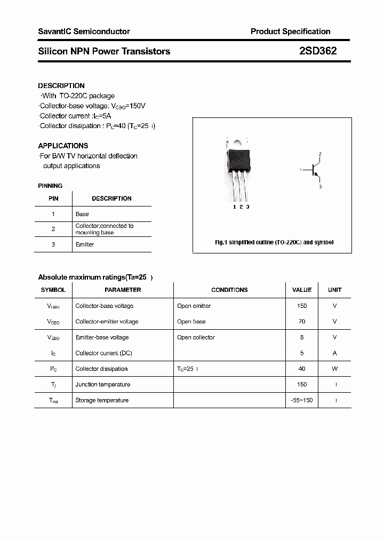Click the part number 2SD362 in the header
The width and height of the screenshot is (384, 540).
point(317,51)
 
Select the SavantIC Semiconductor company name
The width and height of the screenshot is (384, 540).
point(84,31)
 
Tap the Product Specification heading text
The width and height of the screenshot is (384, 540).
point(290,31)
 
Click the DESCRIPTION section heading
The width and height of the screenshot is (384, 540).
point(61,85)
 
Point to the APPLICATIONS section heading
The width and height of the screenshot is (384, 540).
point(63,146)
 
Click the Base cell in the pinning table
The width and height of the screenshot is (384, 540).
point(82,214)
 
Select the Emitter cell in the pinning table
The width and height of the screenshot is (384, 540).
point(85,244)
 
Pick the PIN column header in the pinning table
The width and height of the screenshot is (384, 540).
point(53,198)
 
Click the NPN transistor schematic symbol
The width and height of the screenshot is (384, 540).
point(315,170)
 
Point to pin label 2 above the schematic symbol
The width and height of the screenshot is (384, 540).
point(320,154)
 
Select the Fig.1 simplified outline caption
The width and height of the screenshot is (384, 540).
point(274,242)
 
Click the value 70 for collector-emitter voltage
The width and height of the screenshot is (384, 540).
point(302,322)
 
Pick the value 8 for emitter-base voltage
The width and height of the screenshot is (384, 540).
point(302,337)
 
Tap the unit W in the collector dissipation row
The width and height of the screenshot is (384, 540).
point(335,369)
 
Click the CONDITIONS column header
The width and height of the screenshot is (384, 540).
point(229,290)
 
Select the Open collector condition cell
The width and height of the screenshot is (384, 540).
point(196,337)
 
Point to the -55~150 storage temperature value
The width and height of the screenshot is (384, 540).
point(302,400)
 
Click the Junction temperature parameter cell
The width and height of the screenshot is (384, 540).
point(102,385)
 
